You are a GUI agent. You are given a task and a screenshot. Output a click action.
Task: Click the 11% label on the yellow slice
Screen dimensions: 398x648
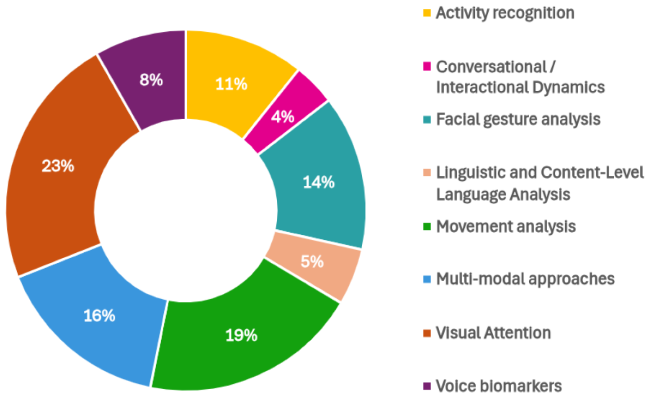(x=231, y=84)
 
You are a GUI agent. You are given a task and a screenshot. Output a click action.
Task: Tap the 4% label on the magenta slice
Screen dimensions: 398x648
(x=283, y=117)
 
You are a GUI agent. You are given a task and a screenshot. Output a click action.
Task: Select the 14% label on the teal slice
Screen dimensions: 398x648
(x=319, y=182)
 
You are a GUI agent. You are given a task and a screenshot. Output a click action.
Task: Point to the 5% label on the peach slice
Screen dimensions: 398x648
(x=312, y=262)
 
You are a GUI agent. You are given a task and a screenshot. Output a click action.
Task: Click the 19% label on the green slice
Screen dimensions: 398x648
(x=241, y=335)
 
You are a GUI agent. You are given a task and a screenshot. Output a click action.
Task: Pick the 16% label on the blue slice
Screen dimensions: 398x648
(x=99, y=315)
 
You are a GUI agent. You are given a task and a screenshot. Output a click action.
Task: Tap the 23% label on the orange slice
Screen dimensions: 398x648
(x=58, y=166)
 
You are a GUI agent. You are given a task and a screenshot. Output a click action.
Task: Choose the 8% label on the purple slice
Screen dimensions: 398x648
(x=151, y=80)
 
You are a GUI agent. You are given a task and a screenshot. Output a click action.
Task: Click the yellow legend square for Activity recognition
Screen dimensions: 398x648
(x=427, y=13)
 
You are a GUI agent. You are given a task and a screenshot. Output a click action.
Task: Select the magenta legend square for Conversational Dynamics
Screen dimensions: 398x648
(x=427, y=66)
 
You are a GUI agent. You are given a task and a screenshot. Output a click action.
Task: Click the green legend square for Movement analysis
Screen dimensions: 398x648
(x=427, y=226)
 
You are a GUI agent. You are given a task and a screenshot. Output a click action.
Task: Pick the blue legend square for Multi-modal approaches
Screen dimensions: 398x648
(x=427, y=279)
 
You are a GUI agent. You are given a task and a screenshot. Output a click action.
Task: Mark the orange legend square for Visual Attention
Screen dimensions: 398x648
(x=427, y=333)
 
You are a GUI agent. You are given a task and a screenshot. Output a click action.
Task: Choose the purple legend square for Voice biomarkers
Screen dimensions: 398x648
(x=427, y=386)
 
